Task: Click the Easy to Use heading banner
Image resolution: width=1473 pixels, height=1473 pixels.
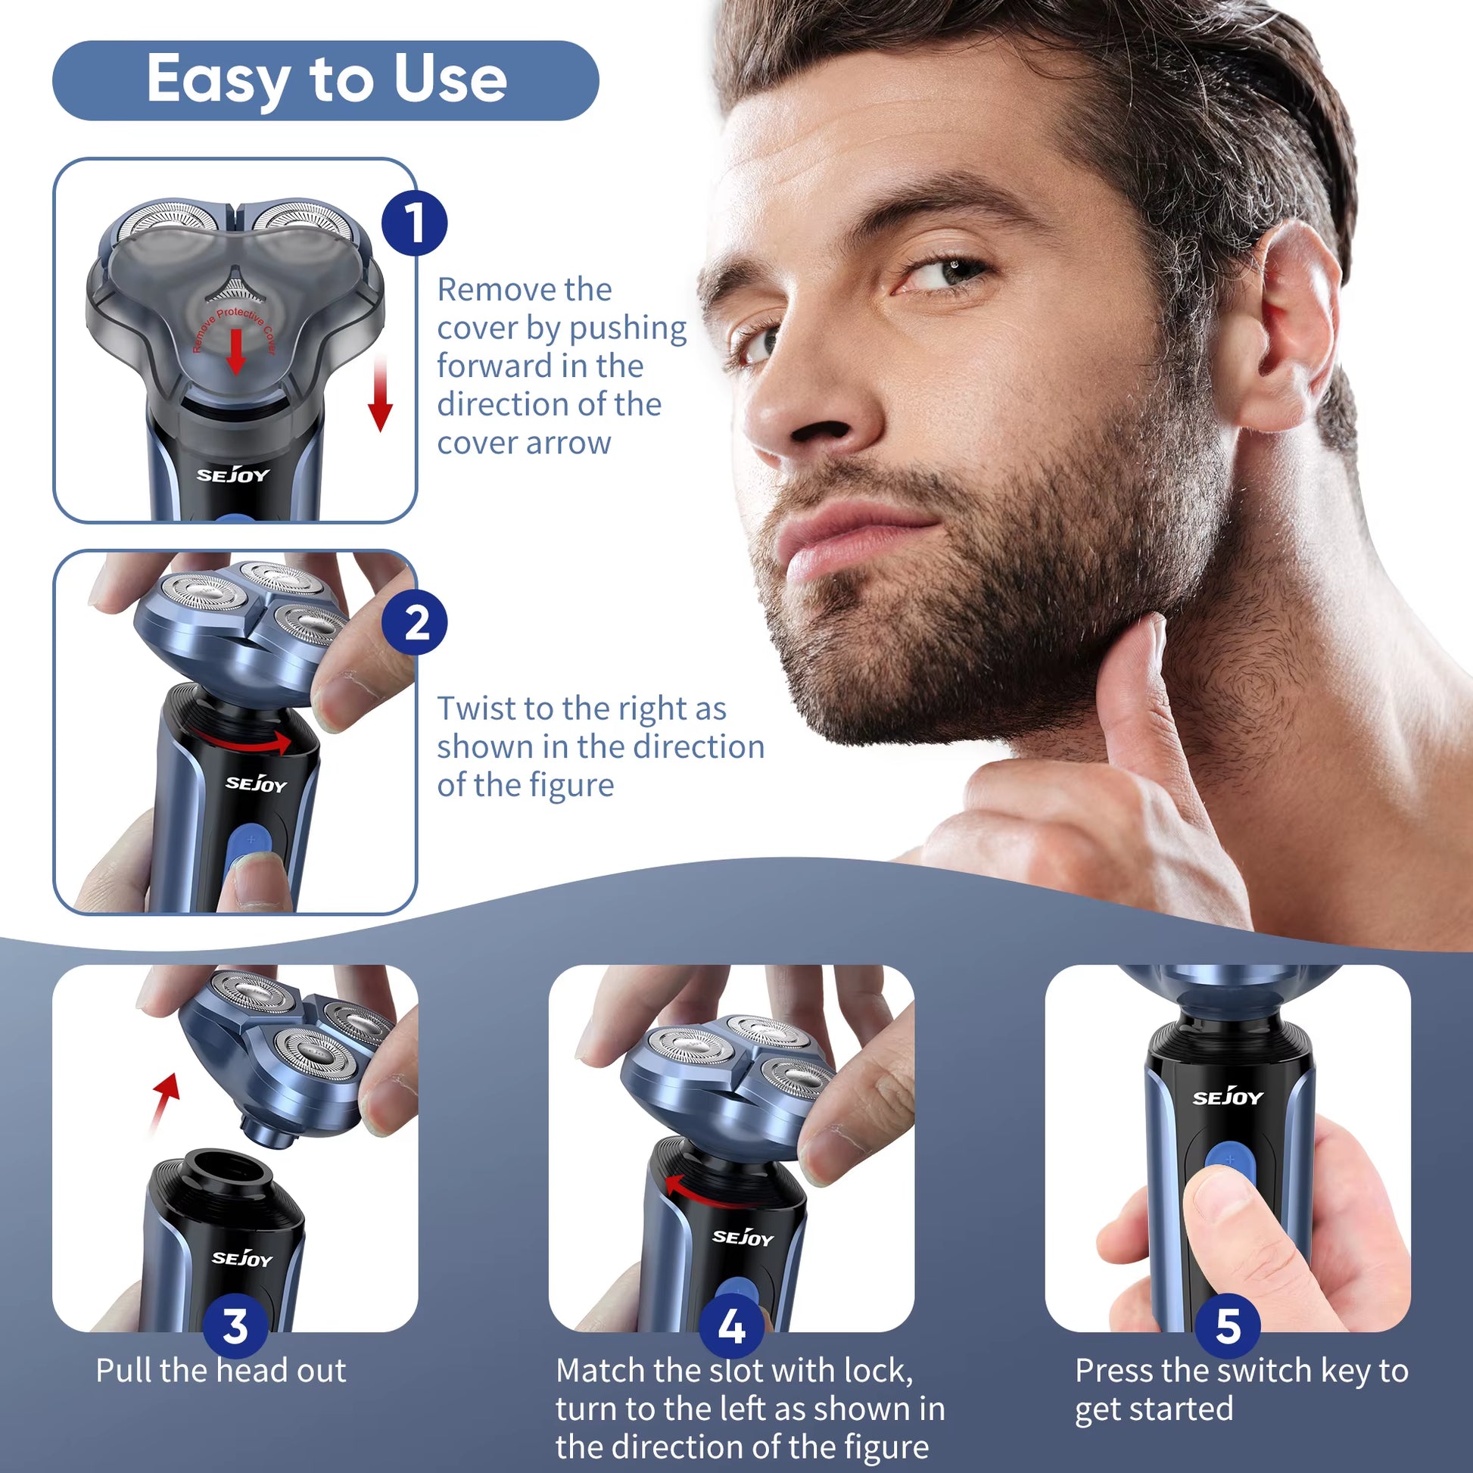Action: (325, 80)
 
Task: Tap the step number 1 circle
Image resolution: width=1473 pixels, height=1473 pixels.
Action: (414, 223)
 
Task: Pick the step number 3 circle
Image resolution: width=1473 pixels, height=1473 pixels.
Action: (235, 1326)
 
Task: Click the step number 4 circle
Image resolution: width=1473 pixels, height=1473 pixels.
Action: (731, 1326)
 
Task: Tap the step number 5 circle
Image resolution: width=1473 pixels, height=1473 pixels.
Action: (1228, 1326)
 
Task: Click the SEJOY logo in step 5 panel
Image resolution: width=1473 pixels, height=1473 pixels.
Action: (1228, 1098)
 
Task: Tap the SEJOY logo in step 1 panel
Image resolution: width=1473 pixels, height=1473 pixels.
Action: (233, 476)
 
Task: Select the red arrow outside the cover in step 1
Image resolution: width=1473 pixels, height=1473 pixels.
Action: (380, 397)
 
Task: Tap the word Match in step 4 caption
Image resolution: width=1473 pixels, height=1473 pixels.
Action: (600, 1371)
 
